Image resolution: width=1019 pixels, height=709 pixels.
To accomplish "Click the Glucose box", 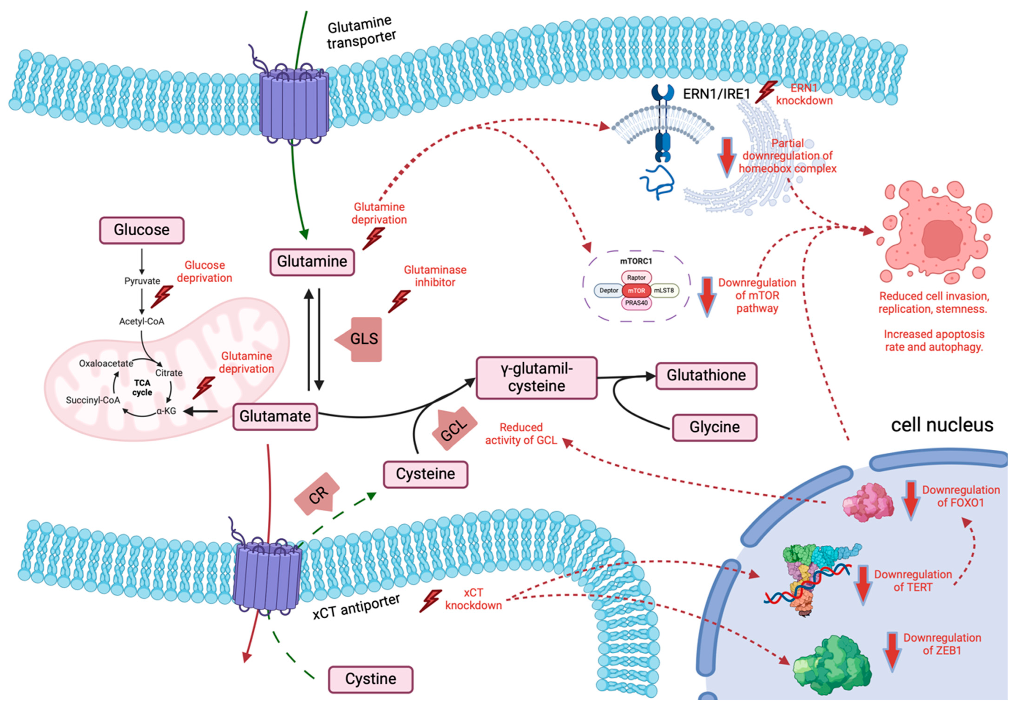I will point(141,230).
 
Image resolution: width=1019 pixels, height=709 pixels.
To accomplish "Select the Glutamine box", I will point(312,262).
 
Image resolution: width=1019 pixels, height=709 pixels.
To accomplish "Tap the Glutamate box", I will point(275,416).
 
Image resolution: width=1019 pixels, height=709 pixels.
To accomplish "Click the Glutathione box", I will point(706,376).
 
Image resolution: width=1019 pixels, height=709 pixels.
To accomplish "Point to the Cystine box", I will point(370,679).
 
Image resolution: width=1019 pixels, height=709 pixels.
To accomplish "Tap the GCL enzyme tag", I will point(454,429).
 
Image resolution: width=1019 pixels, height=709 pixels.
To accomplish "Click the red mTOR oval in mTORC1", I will point(636,290).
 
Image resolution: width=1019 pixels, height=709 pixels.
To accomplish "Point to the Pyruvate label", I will point(142,281).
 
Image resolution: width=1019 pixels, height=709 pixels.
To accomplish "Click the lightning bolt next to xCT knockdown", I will point(431,601).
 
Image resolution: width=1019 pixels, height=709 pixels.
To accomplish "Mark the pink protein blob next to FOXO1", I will point(868,503).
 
